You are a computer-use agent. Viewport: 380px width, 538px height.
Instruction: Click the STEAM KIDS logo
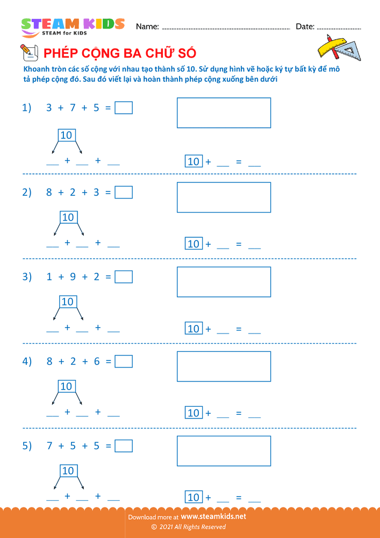coord(73,27)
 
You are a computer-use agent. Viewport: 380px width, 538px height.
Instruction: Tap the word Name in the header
coord(147,26)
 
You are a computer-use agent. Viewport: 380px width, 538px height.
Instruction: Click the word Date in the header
coord(305,26)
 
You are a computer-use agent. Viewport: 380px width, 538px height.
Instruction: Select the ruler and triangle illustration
coord(338,47)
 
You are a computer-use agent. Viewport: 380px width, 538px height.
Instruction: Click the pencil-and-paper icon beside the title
coord(28,52)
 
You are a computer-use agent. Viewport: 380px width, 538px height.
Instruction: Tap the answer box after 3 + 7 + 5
coord(124,108)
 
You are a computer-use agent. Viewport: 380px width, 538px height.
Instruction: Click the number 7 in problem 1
coord(73,108)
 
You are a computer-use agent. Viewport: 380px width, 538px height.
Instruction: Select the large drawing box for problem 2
coord(224,197)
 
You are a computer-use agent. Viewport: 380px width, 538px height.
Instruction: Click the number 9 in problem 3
coord(73,277)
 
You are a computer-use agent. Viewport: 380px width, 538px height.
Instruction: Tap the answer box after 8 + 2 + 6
coord(124,362)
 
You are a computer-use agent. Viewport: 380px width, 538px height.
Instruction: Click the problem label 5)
coord(27,446)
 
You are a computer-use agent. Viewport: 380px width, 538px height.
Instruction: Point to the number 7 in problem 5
coord(49,446)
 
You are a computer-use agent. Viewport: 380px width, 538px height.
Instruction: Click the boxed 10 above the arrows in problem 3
coord(68,302)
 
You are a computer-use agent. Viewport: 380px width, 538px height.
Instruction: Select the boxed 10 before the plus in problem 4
coord(193,413)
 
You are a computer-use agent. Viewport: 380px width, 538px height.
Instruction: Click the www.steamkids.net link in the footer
coord(213,516)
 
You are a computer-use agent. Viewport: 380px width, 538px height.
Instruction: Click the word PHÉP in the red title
coord(60,53)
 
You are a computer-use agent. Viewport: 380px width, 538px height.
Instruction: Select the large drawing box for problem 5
coord(224,451)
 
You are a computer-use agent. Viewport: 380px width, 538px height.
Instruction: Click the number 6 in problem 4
coord(97,362)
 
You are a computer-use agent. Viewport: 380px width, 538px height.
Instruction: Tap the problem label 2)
coord(27,193)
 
